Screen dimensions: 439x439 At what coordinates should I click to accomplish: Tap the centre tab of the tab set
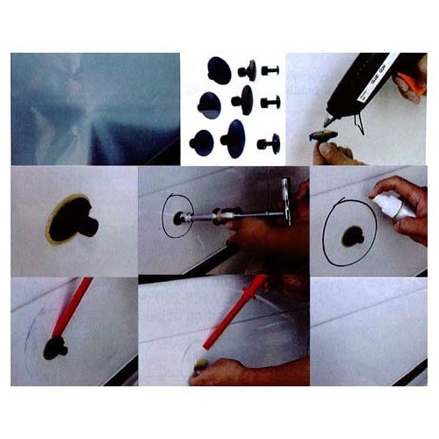click(242, 100)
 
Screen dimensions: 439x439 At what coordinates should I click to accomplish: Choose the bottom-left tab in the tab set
click(203, 143)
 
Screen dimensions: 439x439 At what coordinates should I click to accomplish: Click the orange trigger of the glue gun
click(410, 85)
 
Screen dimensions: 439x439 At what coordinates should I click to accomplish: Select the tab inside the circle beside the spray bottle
click(351, 234)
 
